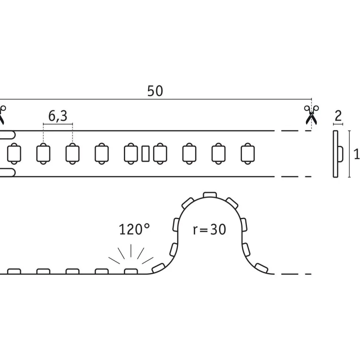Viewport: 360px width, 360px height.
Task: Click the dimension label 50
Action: pyautogui.click(x=155, y=91)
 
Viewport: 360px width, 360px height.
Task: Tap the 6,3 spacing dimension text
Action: pyautogui.click(x=58, y=116)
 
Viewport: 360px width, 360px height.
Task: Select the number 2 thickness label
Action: pyautogui.click(x=338, y=116)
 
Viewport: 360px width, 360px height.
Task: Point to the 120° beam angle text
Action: pyautogui.click(x=134, y=229)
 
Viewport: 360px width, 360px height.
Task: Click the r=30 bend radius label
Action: pyautogui.click(x=209, y=229)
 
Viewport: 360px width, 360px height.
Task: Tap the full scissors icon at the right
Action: pyautogui.click(x=311, y=115)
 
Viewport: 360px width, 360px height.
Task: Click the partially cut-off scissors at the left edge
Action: pyautogui.click(x=2, y=115)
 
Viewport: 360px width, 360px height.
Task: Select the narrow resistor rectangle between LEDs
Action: pyautogui.click(x=145, y=154)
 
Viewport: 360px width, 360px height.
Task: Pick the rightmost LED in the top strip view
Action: pyautogui.click(x=248, y=154)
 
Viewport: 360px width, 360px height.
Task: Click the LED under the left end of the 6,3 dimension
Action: pyautogui.click(x=43, y=154)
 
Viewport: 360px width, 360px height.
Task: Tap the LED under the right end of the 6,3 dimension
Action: pyautogui.click(x=72, y=154)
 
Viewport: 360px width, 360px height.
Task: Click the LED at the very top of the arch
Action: pyautogui.click(x=210, y=195)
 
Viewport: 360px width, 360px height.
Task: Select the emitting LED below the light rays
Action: pyautogui.click(x=131, y=271)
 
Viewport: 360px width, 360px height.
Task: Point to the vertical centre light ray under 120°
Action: pyautogui.click(x=131, y=251)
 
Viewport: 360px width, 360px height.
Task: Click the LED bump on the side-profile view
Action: pyautogui.click(x=341, y=154)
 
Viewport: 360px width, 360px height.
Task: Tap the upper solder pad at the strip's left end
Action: pyautogui.click(x=7, y=135)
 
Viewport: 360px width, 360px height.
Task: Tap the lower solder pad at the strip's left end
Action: pyautogui.click(x=7, y=173)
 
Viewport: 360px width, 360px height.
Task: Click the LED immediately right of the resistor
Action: pyautogui.click(x=160, y=154)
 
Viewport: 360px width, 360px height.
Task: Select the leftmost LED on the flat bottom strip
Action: pyautogui.click(x=14, y=271)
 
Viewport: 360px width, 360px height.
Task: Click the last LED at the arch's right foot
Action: pyautogui.click(x=261, y=268)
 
